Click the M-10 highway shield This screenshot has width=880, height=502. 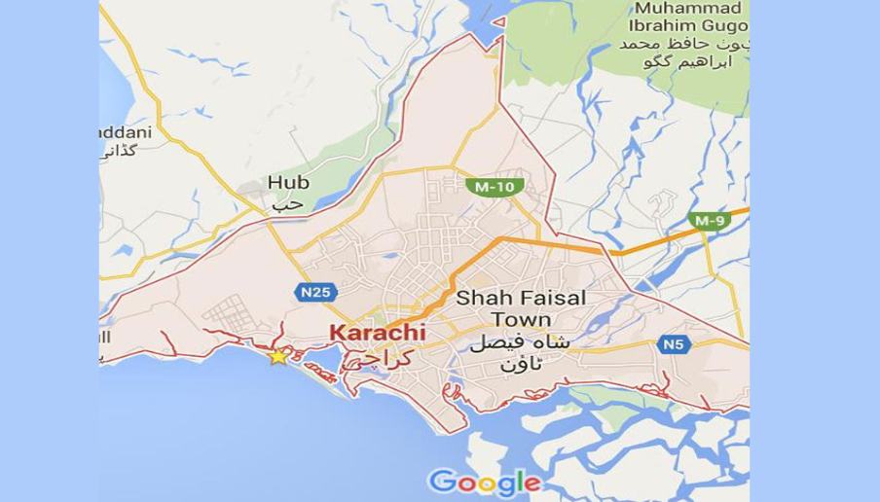(x=495, y=187)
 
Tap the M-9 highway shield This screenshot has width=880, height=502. (x=710, y=221)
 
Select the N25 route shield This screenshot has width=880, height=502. (x=315, y=292)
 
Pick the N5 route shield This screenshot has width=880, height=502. (x=674, y=343)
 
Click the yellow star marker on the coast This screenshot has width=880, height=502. (x=278, y=357)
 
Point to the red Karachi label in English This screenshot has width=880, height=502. (x=377, y=333)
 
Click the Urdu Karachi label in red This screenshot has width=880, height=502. (x=379, y=358)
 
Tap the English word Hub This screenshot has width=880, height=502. (x=288, y=183)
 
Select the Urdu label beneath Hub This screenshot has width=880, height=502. (x=281, y=206)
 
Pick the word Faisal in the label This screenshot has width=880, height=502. (x=553, y=298)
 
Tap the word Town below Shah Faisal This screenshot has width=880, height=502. (x=521, y=320)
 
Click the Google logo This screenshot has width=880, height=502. (x=484, y=482)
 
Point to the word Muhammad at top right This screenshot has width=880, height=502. (x=685, y=9)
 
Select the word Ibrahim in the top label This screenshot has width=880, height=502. (x=664, y=26)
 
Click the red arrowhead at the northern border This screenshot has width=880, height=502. (x=497, y=21)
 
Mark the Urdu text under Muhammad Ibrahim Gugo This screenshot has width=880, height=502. (x=683, y=53)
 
